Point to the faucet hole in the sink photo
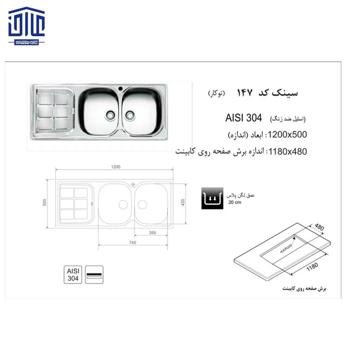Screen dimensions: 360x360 pos(120,88)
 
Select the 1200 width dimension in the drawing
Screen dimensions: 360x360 pos(116,167)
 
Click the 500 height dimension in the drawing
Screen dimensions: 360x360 pos(44,203)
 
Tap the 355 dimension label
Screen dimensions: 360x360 pos(152,233)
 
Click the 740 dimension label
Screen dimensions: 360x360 pos(133,242)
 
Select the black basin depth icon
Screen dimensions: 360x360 pos(212,198)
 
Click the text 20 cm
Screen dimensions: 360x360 pos(234,202)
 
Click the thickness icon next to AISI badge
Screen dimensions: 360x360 pos(94,275)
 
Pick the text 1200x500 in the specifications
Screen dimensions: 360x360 pos(288,135)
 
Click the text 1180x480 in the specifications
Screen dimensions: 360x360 pos(288,152)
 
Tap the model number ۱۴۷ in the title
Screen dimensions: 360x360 pos(244,93)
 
